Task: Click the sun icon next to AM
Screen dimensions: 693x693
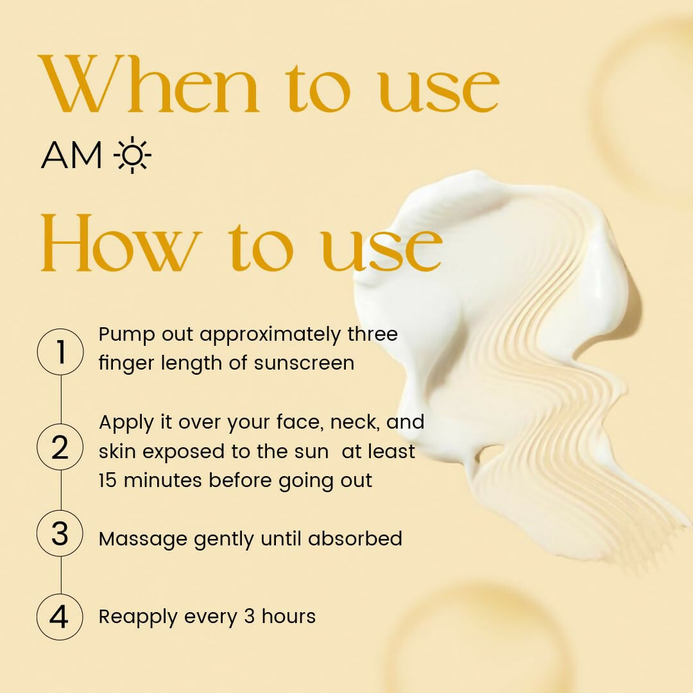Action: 132,155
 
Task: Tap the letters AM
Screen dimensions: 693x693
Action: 71,155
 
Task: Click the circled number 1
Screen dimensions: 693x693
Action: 60,352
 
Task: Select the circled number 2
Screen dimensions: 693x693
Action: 60,447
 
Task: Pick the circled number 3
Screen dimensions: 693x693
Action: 60,533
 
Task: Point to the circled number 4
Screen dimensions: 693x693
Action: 60,617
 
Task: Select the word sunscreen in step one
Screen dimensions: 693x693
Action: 304,363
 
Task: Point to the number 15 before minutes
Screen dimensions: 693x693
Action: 108,481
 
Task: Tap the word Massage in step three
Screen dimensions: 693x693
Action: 143,539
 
